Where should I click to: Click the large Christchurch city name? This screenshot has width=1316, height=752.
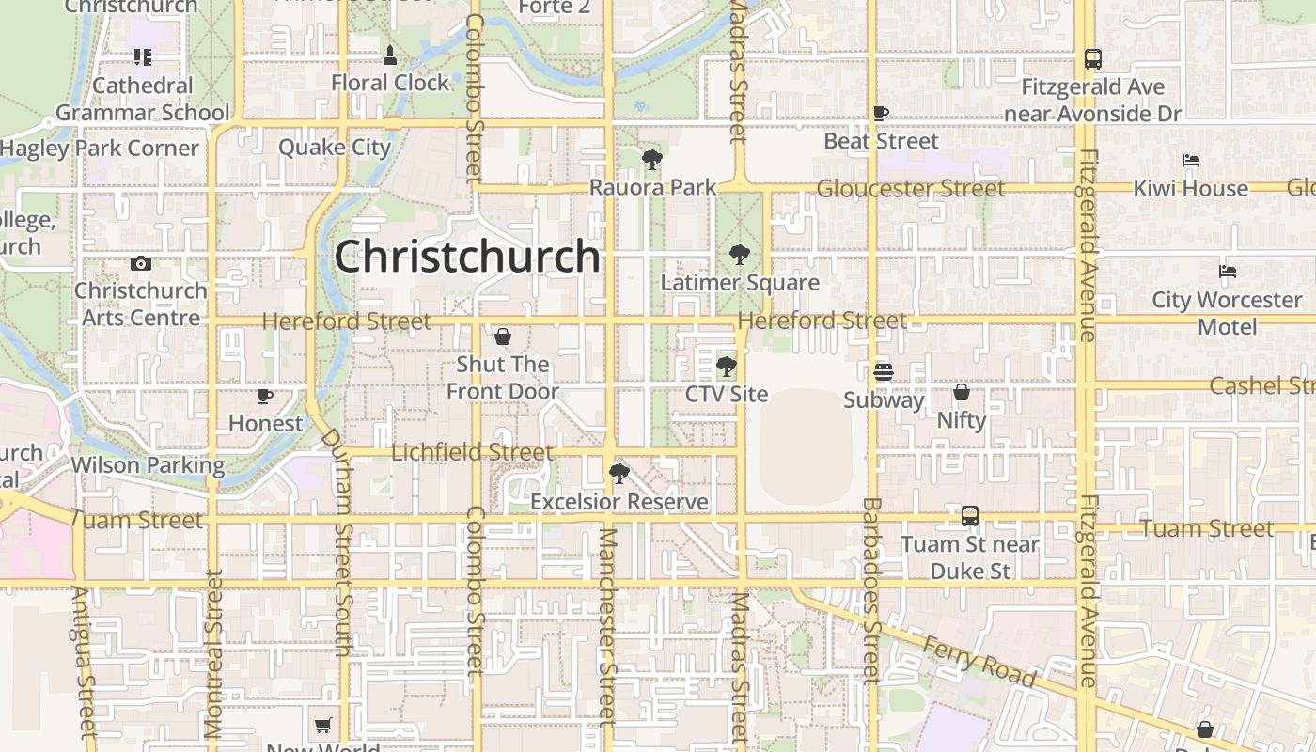(x=467, y=256)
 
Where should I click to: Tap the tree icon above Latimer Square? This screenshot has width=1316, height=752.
(x=740, y=254)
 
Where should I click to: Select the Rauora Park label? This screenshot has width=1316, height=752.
(x=652, y=187)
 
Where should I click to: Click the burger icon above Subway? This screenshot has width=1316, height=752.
(x=882, y=372)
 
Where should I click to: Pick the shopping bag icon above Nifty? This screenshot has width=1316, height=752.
(x=961, y=392)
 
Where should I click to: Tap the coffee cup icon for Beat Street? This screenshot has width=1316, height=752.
(x=880, y=114)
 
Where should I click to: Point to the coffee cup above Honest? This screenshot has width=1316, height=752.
(x=265, y=397)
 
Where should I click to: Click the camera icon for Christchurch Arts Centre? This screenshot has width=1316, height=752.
(x=141, y=264)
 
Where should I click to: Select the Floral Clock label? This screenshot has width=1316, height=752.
(x=390, y=83)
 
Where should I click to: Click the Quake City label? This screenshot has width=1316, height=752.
(x=334, y=147)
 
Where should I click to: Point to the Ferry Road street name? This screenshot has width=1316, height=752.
(x=980, y=661)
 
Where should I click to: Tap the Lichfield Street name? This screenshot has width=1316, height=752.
(x=472, y=452)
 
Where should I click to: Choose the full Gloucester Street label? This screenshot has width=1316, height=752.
(x=910, y=188)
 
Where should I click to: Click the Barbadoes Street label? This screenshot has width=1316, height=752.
(x=871, y=590)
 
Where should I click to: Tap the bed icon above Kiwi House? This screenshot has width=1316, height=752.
(x=1191, y=161)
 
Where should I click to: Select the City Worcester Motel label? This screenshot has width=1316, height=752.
(x=1227, y=313)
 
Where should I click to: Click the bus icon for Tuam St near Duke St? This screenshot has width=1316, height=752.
(x=970, y=516)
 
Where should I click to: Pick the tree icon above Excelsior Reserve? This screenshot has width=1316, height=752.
(x=619, y=474)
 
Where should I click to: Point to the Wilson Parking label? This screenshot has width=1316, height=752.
(x=149, y=464)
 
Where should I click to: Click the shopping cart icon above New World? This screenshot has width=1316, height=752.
(x=323, y=725)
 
